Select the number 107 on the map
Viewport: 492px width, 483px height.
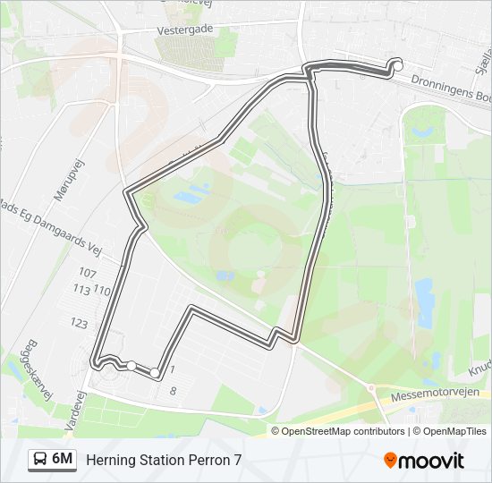coord(87,273)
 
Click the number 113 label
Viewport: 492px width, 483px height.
coord(81,290)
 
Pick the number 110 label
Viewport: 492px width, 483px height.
coord(101,291)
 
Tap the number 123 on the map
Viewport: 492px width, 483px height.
coord(80,323)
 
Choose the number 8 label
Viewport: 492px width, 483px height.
coord(173,391)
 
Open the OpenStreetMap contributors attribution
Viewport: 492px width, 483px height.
coord(344,431)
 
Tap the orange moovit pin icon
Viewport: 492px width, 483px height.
coord(391,461)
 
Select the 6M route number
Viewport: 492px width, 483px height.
coord(63,459)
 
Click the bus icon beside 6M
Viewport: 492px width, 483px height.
coord(40,460)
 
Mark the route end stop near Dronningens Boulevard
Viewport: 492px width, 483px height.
coord(397,65)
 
